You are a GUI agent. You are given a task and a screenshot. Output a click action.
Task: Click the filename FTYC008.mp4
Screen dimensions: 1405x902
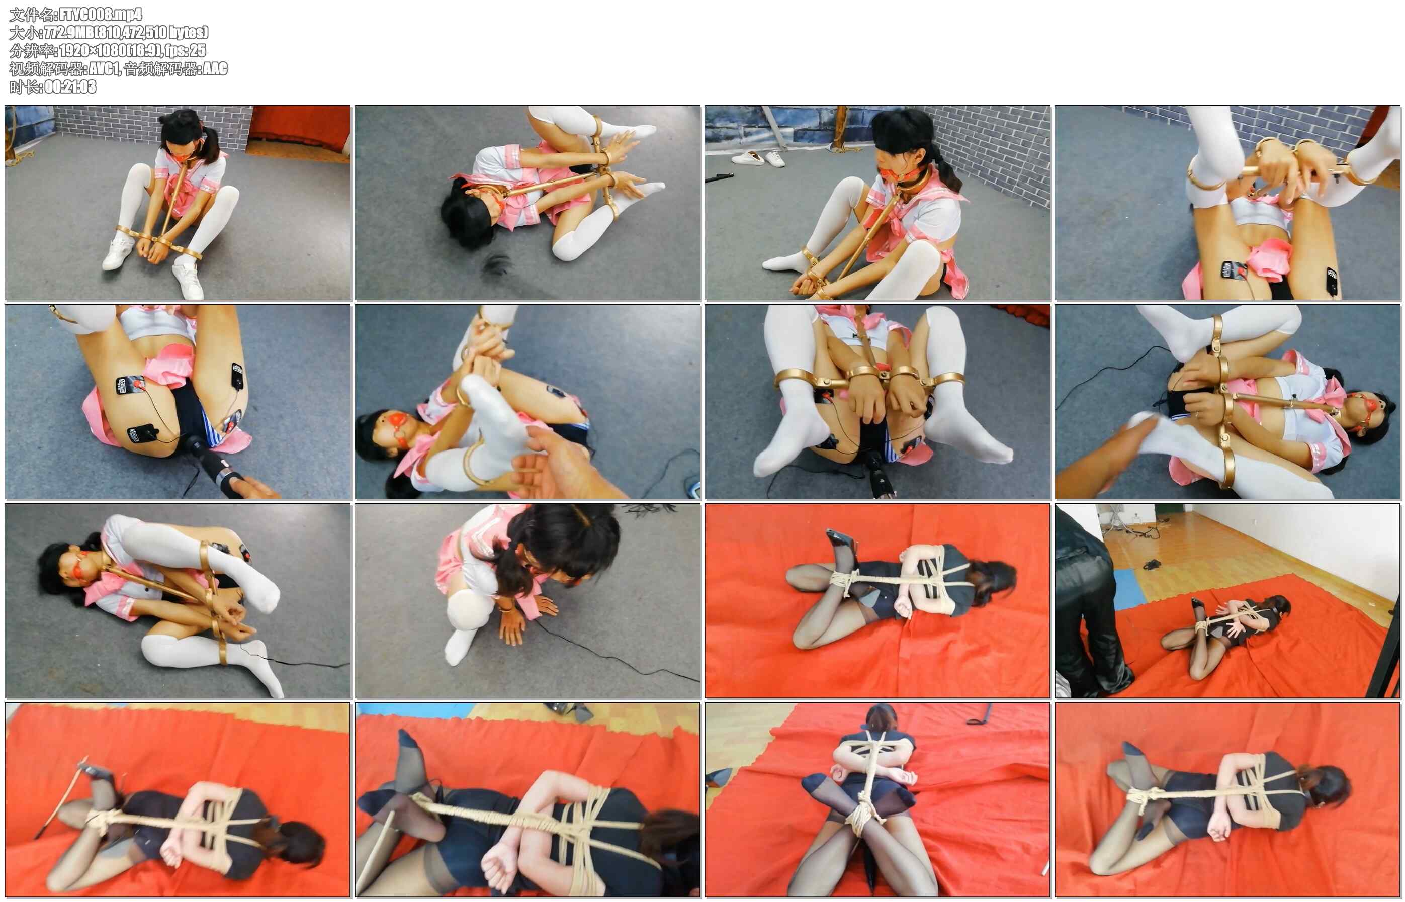tap(101, 14)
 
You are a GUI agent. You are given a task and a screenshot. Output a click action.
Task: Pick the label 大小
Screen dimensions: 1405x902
tap(24, 32)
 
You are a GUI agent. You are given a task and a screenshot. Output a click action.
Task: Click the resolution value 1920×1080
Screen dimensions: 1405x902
tap(95, 50)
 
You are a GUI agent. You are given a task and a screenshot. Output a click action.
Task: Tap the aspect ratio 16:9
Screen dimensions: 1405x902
tap(146, 50)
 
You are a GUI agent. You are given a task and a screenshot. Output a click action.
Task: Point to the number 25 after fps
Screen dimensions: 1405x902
tap(199, 50)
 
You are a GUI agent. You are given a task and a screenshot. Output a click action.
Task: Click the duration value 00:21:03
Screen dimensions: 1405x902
tap(70, 86)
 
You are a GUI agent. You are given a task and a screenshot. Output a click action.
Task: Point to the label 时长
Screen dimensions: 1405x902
tap(24, 86)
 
